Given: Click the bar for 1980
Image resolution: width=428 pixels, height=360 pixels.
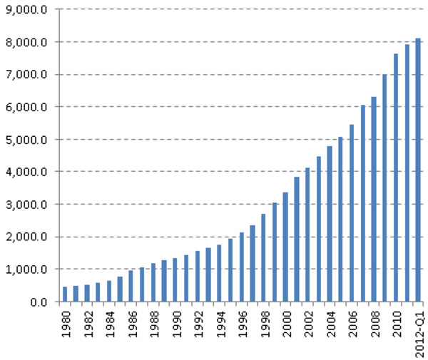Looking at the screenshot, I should tap(65, 294).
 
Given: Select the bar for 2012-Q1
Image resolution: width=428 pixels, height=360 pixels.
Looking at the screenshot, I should tap(419, 170).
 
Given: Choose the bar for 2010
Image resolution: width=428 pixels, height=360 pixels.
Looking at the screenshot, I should tap(396, 178).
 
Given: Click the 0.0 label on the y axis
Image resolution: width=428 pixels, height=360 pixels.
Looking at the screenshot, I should tap(40, 302).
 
